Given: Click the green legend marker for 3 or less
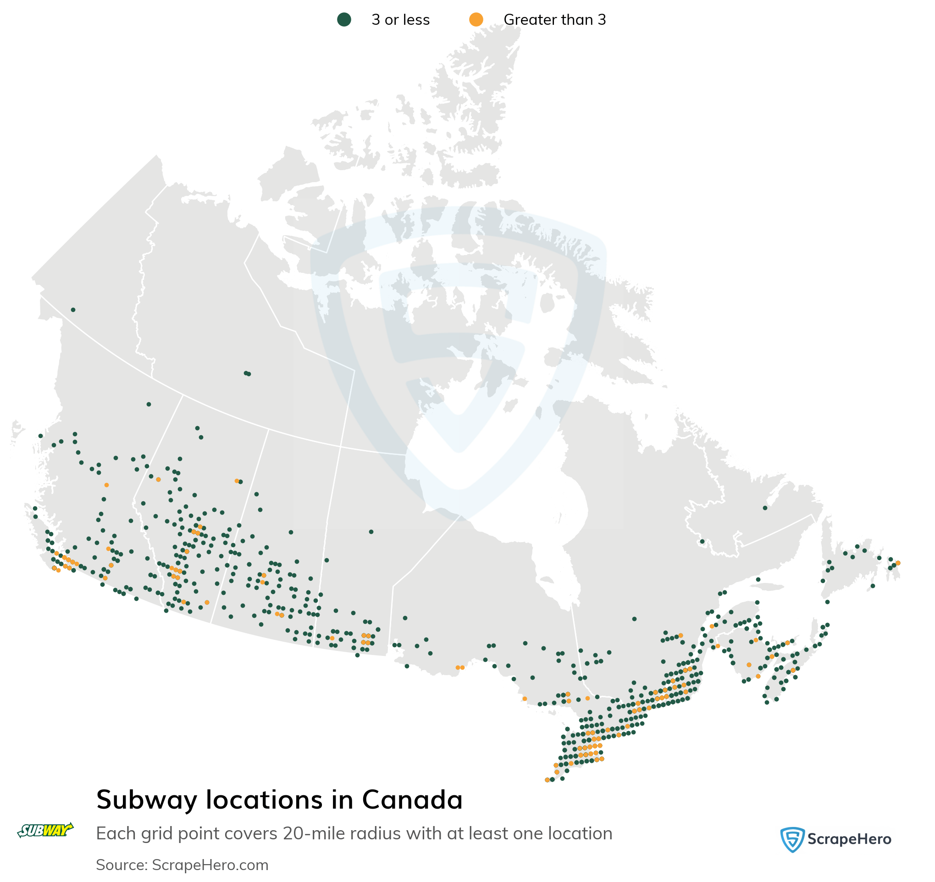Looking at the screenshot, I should [344, 20].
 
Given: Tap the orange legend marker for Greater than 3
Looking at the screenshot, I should [476, 20].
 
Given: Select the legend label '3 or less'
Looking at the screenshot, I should [400, 20].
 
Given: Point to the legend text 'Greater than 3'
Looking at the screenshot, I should [554, 20].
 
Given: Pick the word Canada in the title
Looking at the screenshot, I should [412, 800].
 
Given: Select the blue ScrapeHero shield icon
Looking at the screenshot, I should [792, 839].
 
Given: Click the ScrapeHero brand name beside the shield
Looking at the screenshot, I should [849, 839].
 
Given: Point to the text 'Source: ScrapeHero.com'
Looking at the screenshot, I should [182, 865].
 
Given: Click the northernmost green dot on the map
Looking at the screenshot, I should [73, 310].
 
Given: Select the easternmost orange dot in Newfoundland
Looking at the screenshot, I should [898, 563].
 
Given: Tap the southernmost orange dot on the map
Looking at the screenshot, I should [547, 780].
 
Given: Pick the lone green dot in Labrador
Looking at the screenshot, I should [765, 508].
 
